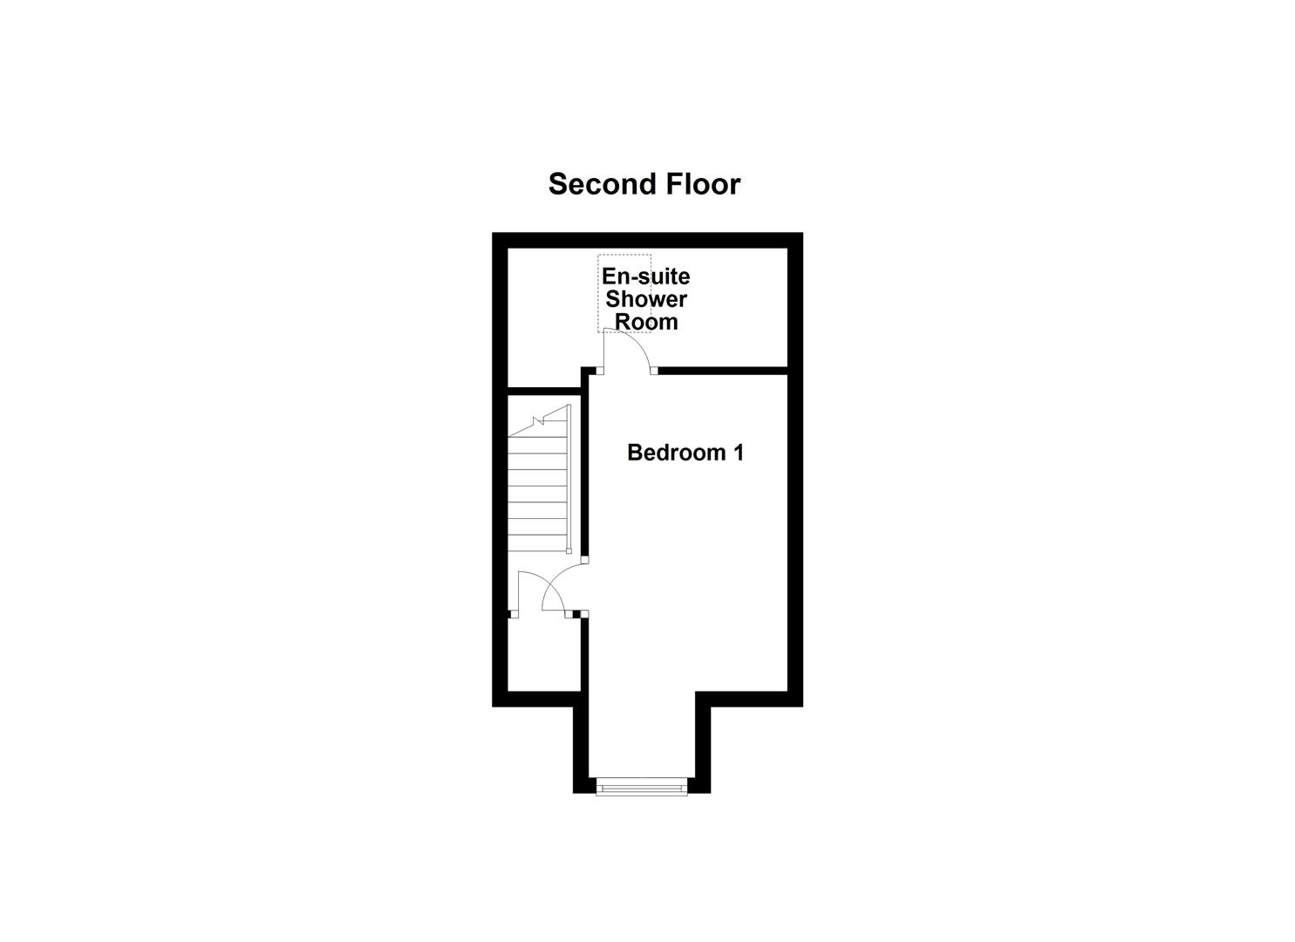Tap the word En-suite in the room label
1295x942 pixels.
click(x=645, y=276)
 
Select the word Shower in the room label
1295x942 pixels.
click(x=646, y=299)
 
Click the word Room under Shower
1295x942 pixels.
click(x=646, y=322)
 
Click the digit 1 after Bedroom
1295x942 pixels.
click(x=738, y=453)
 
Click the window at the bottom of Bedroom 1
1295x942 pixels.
click(x=642, y=788)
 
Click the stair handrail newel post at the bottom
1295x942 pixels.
click(x=569, y=550)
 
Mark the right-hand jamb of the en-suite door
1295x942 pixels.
click(x=654, y=372)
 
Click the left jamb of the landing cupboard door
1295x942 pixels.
click(x=514, y=615)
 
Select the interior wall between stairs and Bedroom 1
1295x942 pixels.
click(x=584, y=471)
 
